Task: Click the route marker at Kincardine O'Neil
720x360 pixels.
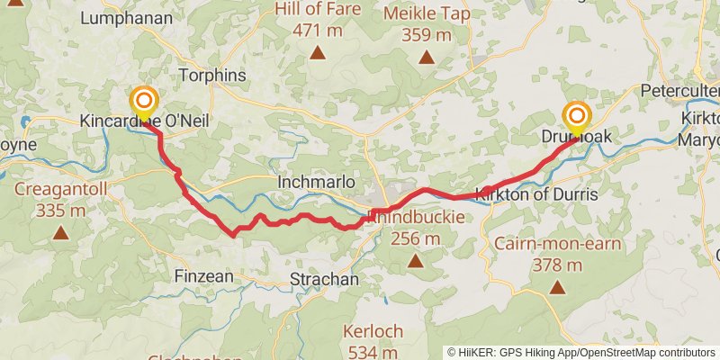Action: click(143, 102)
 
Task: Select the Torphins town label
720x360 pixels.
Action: click(212, 76)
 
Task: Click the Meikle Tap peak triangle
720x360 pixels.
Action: click(428, 58)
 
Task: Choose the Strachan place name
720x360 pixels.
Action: click(324, 279)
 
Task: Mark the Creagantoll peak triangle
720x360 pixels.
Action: click(60, 233)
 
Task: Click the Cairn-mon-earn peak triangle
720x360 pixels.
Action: click(557, 288)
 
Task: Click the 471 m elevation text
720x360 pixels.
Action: click(319, 30)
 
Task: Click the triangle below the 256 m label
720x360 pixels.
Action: click(415, 262)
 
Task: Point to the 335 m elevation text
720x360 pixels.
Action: click(60, 211)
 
